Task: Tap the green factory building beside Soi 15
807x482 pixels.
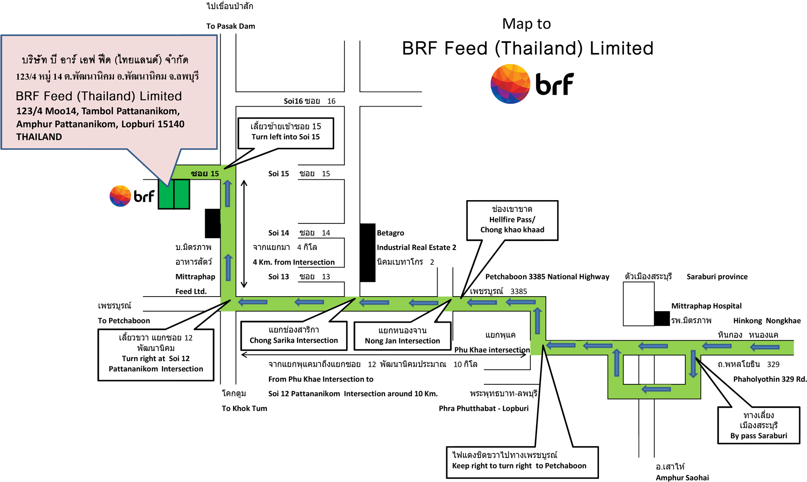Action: point(174,194)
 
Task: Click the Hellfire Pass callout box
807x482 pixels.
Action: point(512,220)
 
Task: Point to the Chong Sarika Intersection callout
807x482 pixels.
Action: point(293,335)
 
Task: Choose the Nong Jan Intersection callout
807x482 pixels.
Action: point(402,336)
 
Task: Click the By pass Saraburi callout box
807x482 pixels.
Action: point(758,426)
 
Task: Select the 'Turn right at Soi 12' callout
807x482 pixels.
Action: point(156,354)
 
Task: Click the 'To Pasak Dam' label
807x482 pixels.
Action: point(230,26)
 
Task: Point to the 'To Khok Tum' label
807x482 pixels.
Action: point(244,408)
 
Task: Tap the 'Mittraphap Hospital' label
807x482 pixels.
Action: point(706,306)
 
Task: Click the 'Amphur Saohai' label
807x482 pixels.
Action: point(682,478)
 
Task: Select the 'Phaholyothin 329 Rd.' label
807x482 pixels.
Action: point(769,379)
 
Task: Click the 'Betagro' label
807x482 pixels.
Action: point(390,233)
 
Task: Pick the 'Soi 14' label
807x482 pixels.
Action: point(279,233)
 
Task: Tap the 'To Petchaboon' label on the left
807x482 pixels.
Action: point(124,321)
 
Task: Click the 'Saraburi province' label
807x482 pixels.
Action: point(717,277)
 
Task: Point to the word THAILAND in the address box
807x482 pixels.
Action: point(39,137)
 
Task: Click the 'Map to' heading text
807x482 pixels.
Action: point(526,24)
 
